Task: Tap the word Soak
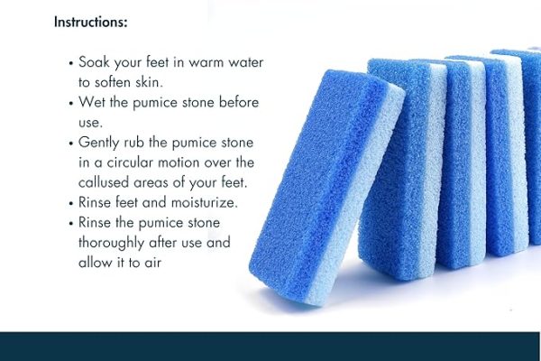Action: (x=96, y=64)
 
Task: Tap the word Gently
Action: (x=102, y=143)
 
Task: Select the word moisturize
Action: (x=199, y=202)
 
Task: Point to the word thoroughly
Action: (x=115, y=243)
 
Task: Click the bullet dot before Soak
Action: (x=71, y=65)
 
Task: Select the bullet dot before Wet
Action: (x=71, y=102)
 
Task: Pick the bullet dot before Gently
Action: (x=71, y=143)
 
